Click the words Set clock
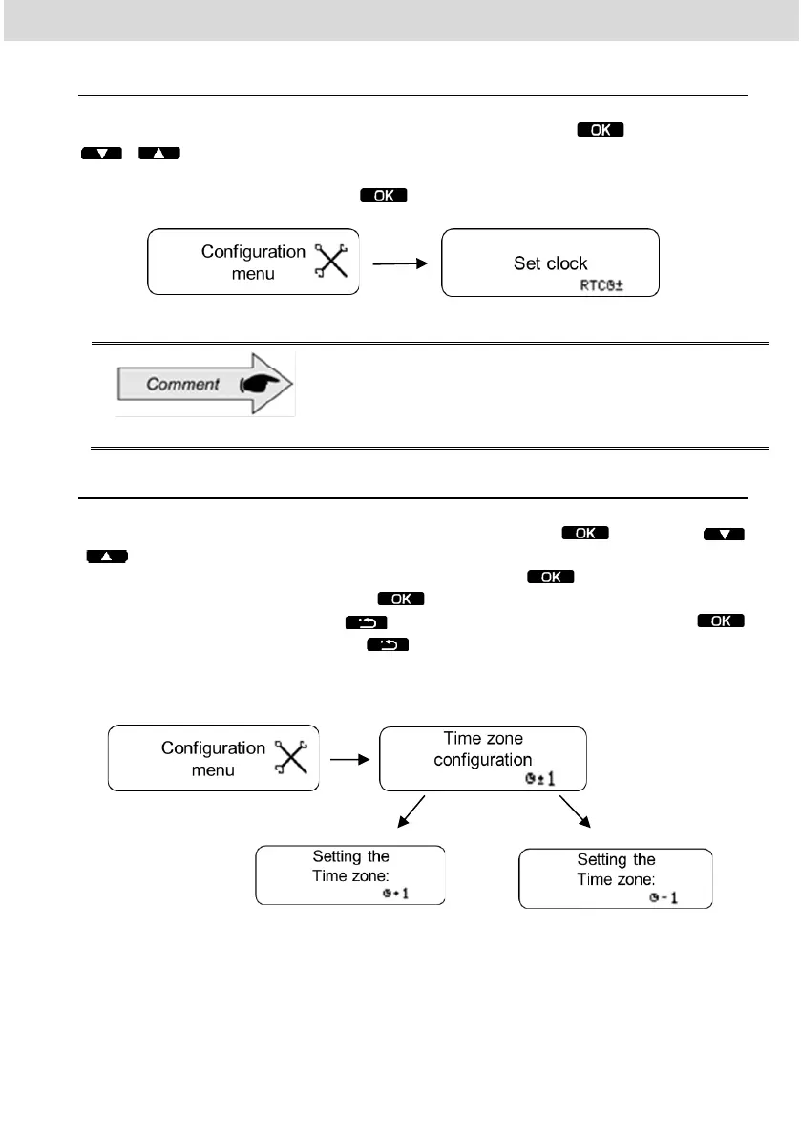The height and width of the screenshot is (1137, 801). click(550, 263)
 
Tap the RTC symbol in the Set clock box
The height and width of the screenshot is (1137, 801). click(601, 284)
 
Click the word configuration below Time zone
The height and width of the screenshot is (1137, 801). click(482, 760)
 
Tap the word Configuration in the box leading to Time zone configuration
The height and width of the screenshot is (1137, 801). click(213, 748)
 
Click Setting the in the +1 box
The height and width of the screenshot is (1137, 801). click(350, 855)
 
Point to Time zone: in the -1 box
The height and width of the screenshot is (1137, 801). click(616, 878)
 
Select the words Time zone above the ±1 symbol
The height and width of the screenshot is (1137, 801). click(483, 738)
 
